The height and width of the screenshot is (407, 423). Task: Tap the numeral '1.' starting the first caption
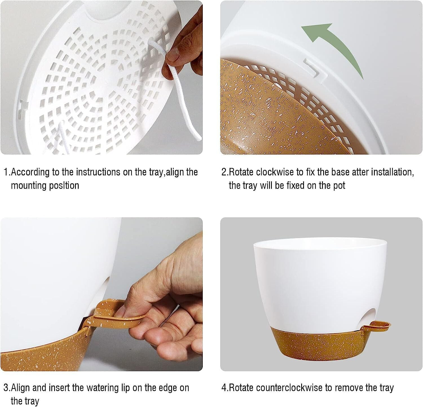[x=7, y=172]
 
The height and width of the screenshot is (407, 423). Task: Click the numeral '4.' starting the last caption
[x=225, y=388]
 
